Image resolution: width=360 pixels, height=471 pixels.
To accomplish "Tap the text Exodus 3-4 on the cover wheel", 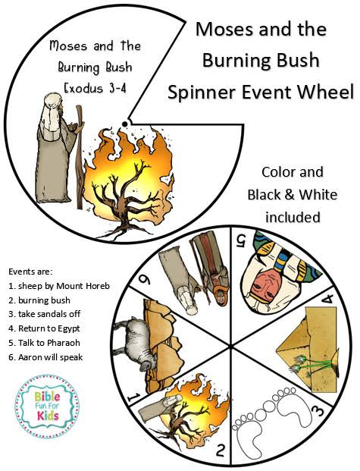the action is [95, 88].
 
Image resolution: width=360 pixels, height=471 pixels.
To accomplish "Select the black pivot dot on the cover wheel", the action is [125, 123].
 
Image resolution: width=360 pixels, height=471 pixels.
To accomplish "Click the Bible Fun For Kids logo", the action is [46, 407].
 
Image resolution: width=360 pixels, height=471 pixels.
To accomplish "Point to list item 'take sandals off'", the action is [45, 314].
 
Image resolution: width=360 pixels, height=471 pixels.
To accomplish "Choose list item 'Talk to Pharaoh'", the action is [44, 343].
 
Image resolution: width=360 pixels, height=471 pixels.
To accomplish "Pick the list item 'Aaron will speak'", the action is [45, 357].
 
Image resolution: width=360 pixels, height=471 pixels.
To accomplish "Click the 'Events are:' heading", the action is [30, 272].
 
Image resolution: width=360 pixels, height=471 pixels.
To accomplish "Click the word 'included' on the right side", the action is [293, 217].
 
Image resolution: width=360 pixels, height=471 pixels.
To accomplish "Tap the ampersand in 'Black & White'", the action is [289, 195].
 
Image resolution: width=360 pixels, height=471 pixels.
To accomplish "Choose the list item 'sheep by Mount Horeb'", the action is [59, 286].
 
